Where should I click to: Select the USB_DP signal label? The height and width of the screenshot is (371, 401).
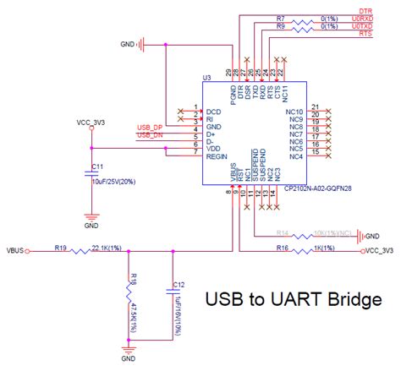click(151, 128)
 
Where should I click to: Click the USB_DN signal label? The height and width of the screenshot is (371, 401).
click(151, 136)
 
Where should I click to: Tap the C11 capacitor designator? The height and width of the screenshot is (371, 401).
click(97, 166)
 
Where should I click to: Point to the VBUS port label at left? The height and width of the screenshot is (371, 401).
click(15, 250)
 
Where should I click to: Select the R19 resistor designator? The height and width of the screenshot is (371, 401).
click(60, 247)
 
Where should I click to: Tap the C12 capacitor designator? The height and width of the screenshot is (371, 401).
click(179, 284)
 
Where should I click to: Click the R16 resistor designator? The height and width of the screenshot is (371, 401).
click(282, 247)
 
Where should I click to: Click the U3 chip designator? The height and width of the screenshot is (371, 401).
click(206, 79)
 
